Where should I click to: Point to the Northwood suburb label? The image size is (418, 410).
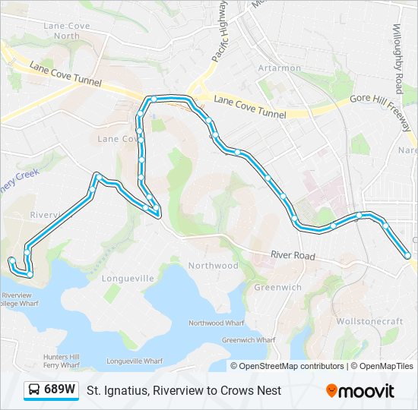214,266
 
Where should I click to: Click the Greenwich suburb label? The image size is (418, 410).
277,287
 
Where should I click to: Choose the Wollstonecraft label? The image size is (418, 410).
370,321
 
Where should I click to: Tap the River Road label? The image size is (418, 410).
293,257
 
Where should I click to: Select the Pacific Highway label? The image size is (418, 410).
219,34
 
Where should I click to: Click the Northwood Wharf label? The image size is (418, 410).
217,323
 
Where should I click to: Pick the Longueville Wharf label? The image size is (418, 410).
135,361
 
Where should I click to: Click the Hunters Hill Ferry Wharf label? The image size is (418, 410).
63,360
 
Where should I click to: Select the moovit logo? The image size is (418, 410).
360,391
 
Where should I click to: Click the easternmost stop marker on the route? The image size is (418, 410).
407,256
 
